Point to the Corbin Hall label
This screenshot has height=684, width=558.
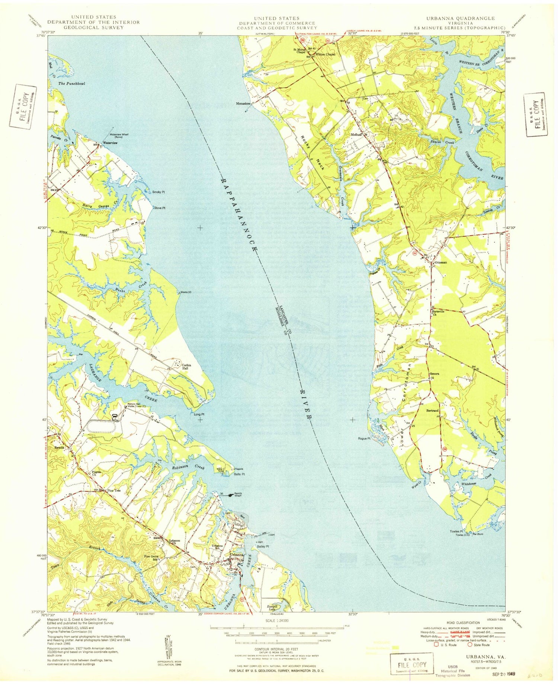(x=186, y=367)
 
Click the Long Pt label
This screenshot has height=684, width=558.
(x=199, y=414)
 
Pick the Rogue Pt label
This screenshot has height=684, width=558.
(x=364, y=438)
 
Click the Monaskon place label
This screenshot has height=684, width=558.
(x=243, y=104)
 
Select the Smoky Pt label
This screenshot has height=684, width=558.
(x=158, y=192)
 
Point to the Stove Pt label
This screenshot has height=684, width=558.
(x=160, y=208)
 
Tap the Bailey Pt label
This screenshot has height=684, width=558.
(x=263, y=546)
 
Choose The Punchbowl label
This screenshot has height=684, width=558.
(x=71, y=83)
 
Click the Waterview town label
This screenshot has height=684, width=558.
(x=110, y=143)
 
